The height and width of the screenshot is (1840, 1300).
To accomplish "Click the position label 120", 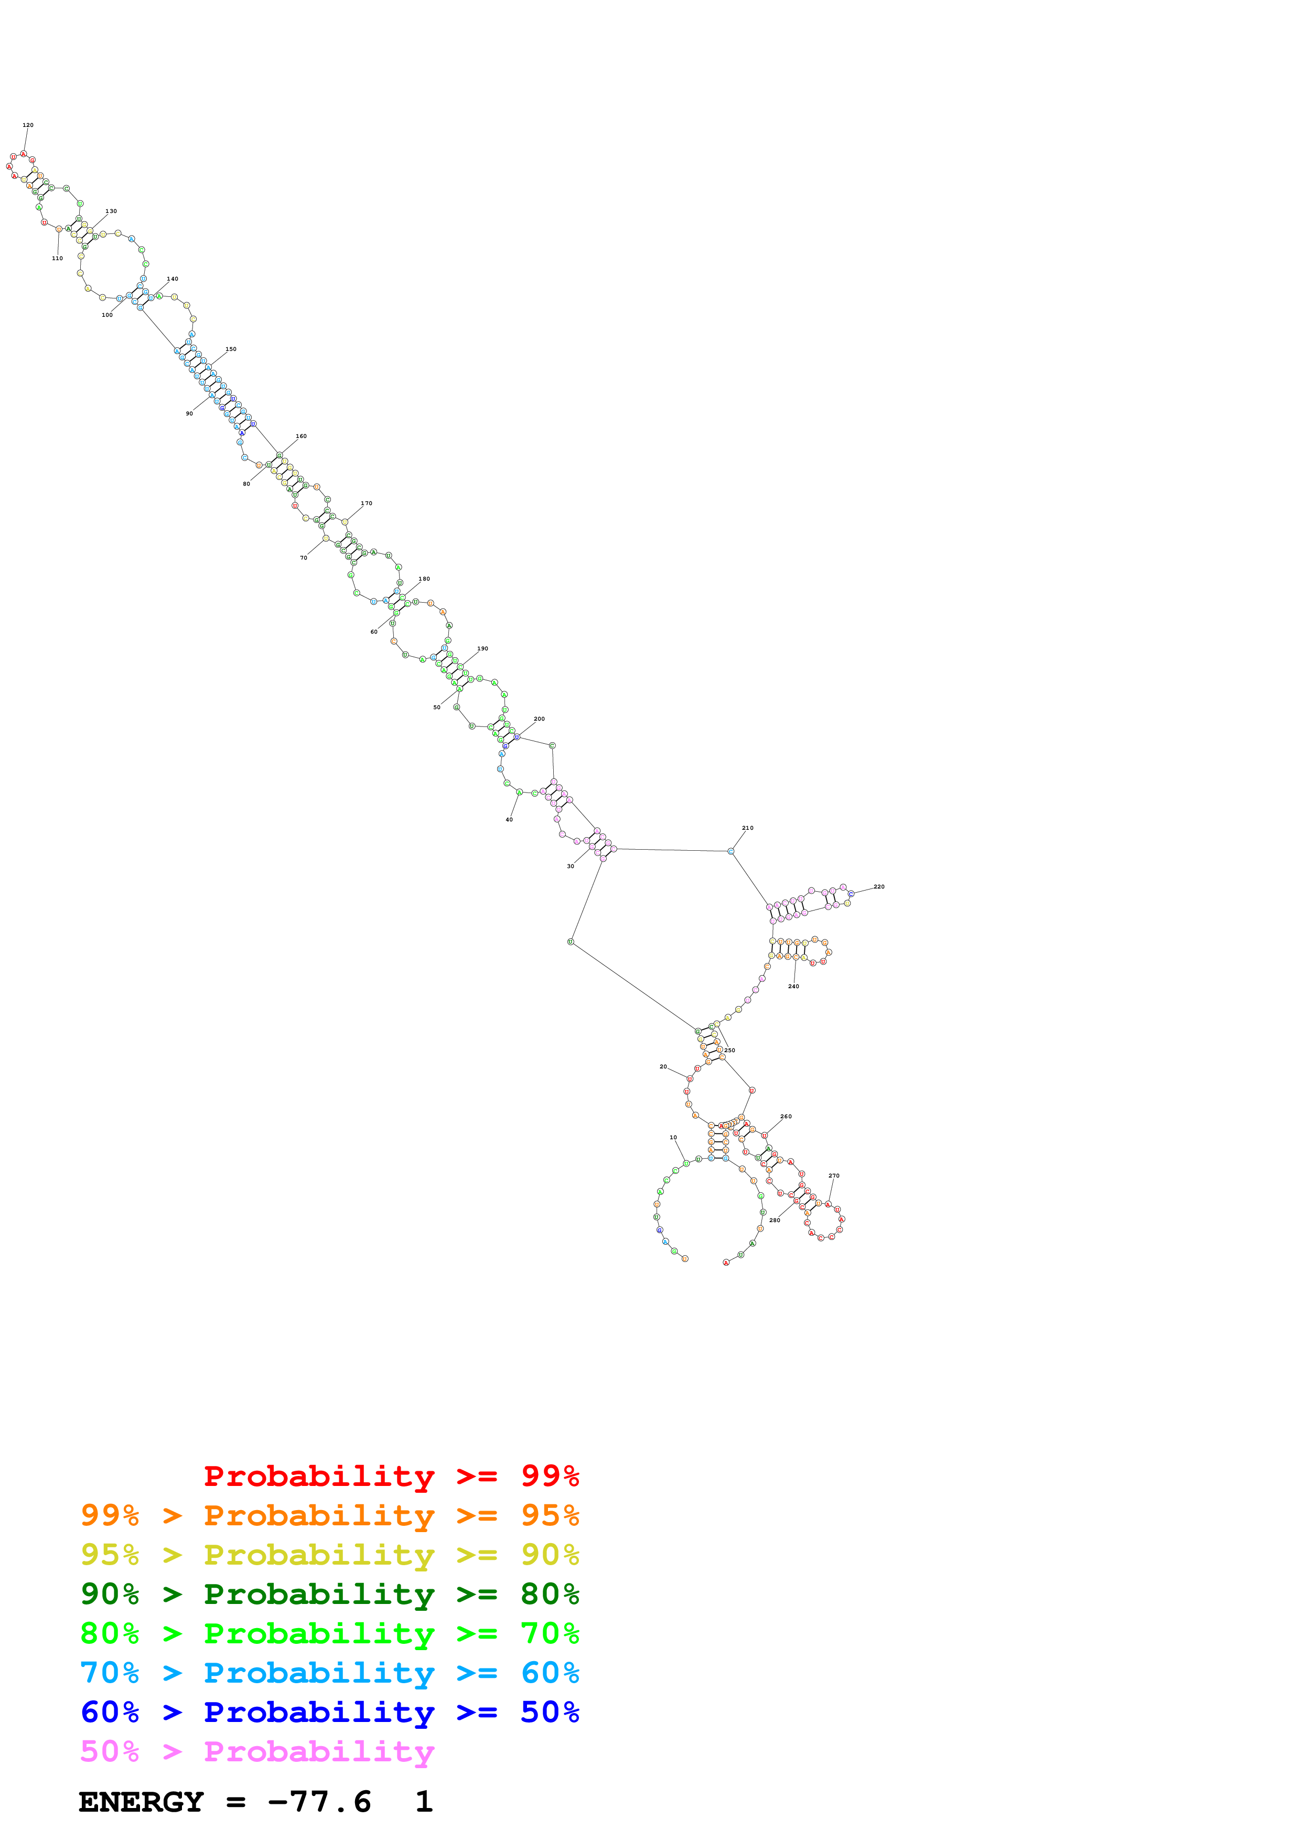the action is point(28,125).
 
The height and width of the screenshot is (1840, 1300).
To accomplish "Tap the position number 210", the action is point(747,828).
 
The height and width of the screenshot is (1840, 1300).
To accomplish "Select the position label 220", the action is point(879,886).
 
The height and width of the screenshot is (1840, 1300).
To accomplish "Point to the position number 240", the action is point(793,987).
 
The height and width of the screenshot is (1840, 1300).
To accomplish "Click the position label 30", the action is point(571,866).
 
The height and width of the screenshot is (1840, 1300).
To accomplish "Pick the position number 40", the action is point(509,820).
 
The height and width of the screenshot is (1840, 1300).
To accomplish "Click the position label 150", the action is point(231,349).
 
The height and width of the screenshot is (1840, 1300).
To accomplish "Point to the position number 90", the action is point(189,413).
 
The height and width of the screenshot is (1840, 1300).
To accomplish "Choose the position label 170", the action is point(366,504).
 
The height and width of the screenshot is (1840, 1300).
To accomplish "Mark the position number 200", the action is point(539,719).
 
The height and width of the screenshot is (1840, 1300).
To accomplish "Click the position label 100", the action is point(106,315).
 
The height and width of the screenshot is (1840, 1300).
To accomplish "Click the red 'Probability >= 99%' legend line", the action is point(391,1475).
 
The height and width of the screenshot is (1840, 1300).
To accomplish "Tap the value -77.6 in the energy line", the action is point(319,1802).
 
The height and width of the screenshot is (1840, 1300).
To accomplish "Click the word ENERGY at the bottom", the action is point(141,1802).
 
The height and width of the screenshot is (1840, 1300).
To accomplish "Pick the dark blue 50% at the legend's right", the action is point(550,1712).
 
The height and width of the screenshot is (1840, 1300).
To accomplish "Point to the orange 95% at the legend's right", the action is point(550,1515).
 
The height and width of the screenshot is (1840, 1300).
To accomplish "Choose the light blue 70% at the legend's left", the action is point(110,1673).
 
